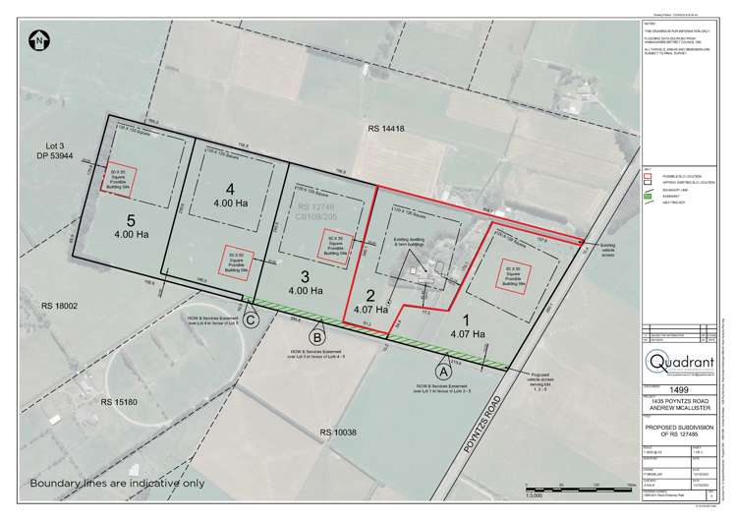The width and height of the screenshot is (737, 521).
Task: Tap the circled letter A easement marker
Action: point(442,373)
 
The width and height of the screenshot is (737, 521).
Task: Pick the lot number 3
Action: point(305,275)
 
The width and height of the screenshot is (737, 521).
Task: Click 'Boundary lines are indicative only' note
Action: point(119,484)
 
